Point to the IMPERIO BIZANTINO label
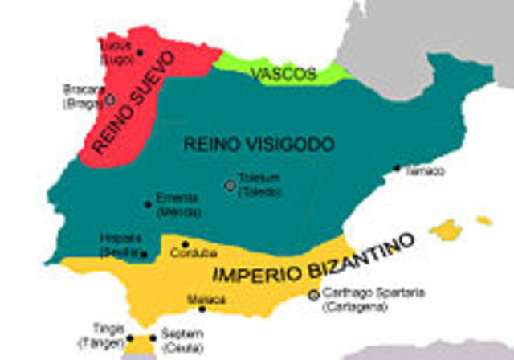click(x=315, y=259)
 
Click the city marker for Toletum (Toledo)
click(x=230, y=185)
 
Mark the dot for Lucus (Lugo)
click(x=140, y=52)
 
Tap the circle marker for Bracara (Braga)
click(x=110, y=100)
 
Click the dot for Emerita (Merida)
click(x=148, y=204)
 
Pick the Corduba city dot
click(x=185, y=244)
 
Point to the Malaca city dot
click(x=202, y=309)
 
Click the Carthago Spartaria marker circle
click(x=313, y=295)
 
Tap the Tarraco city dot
click(x=396, y=168)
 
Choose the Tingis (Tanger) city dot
click(x=130, y=338)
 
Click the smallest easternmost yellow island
click(x=483, y=219)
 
